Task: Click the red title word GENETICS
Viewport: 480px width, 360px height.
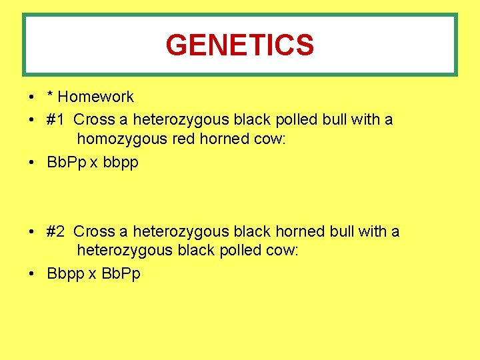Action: [239, 45]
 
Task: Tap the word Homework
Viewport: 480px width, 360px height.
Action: [96, 97]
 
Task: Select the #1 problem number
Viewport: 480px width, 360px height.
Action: [56, 120]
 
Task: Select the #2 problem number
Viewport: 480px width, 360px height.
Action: [56, 232]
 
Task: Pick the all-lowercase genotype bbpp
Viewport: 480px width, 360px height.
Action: [121, 163]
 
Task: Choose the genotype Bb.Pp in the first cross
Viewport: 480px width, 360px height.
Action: [67, 163]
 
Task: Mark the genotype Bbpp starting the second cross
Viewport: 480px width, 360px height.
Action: [65, 274]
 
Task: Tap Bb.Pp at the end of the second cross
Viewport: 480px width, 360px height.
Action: [121, 274]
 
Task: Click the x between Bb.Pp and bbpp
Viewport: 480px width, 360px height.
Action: [93, 163]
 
